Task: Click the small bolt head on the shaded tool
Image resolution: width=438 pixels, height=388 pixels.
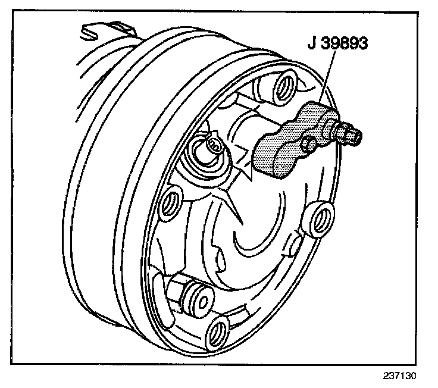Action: point(309,143)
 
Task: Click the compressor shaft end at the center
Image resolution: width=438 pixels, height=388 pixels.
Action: point(214,145)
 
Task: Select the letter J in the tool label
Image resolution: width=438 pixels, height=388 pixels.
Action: point(312,44)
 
